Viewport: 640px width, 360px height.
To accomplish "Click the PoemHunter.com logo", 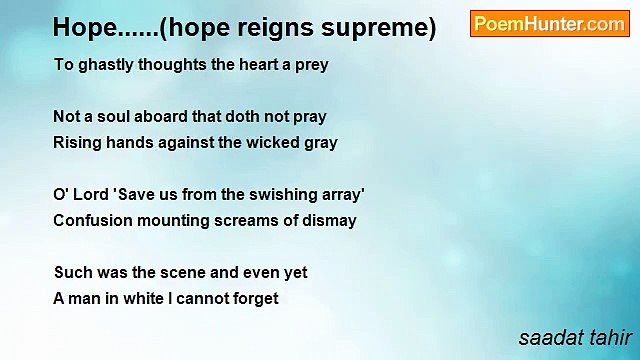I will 549,24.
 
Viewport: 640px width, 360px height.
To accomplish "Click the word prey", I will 309,65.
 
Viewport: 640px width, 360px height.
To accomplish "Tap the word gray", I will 319,143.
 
